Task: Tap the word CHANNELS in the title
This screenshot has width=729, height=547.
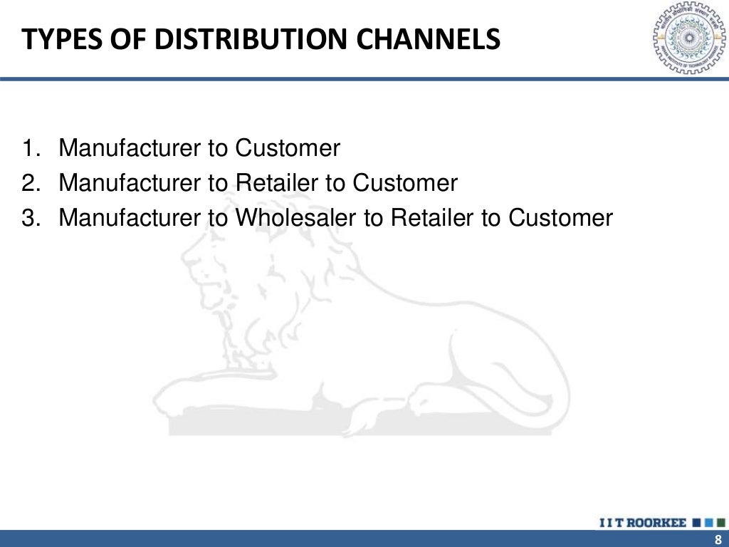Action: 431,39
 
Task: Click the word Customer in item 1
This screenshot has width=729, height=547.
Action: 288,149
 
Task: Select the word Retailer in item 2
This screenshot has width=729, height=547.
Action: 276,184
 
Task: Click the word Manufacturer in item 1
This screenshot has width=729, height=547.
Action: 130,149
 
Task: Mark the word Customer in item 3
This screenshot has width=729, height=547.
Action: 560,218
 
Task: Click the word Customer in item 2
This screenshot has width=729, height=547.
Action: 405,184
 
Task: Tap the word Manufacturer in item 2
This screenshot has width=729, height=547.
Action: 130,184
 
